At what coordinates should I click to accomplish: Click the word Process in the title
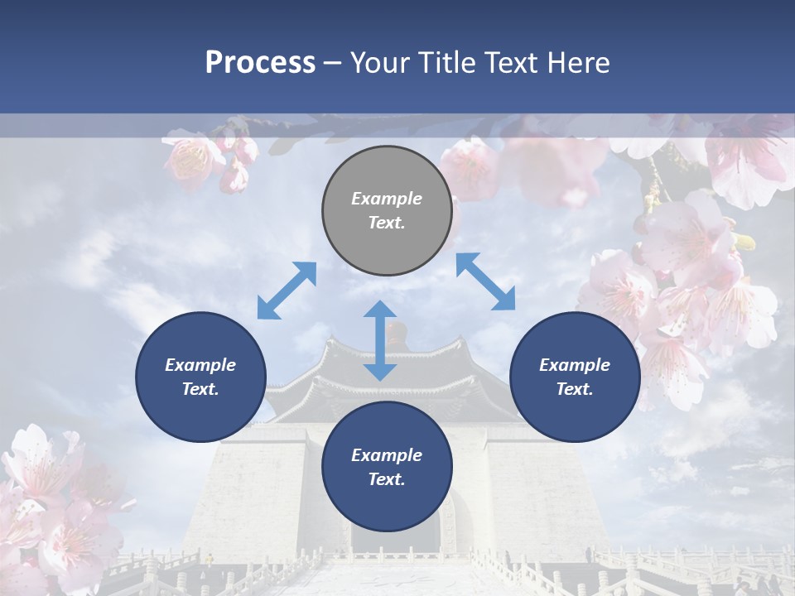[260, 63]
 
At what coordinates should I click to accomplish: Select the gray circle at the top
[387, 210]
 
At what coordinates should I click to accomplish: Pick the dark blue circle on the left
[200, 377]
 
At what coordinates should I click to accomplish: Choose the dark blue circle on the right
[575, 377]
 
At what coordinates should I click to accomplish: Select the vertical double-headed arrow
[380, 340]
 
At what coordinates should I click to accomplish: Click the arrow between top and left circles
[287, 290]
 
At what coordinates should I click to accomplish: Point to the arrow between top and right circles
[485, 281]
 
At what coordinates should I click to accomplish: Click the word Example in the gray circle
[387, 199]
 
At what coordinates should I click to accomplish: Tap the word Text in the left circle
[200, 389]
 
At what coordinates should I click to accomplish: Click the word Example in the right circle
[575, 365]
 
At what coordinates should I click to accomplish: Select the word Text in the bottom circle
[387, 479]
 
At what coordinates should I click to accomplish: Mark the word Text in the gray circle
[387, 223]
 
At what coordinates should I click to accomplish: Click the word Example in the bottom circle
[387, 455]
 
